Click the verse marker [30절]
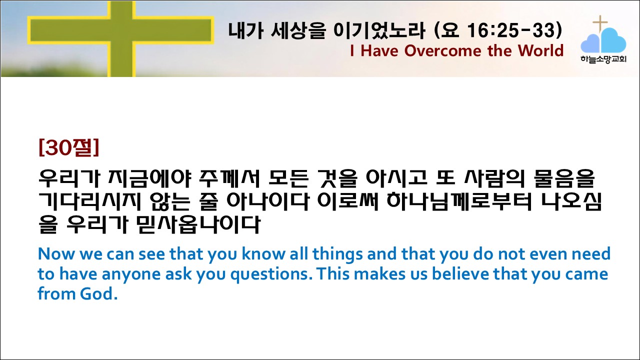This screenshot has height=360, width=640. coord(69,147)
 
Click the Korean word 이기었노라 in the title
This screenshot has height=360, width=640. coord(379,30)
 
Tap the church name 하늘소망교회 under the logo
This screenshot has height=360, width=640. coord(603,59)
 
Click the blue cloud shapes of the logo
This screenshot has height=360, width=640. coord(603,40)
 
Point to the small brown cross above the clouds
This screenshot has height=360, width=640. coord(600,24)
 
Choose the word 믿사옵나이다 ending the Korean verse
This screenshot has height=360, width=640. coord(198,224)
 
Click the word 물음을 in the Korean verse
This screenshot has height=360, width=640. coord(564,178)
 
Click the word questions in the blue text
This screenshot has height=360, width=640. coord(271,274)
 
